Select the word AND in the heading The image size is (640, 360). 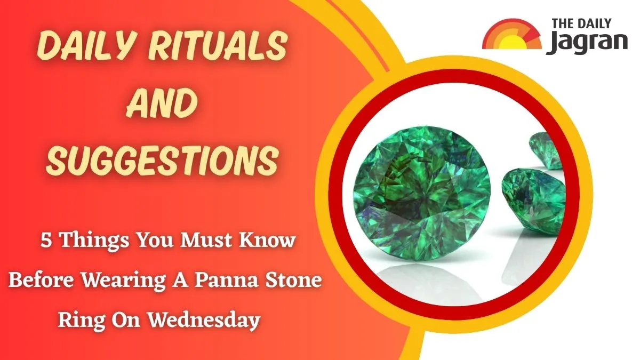tap(162, 102)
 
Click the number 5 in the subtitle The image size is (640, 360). tap(46, 241)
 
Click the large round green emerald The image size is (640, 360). tap(422, 194)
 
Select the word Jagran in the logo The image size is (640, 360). tap(587, 43)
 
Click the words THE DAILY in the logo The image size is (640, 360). tap(581, 23)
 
